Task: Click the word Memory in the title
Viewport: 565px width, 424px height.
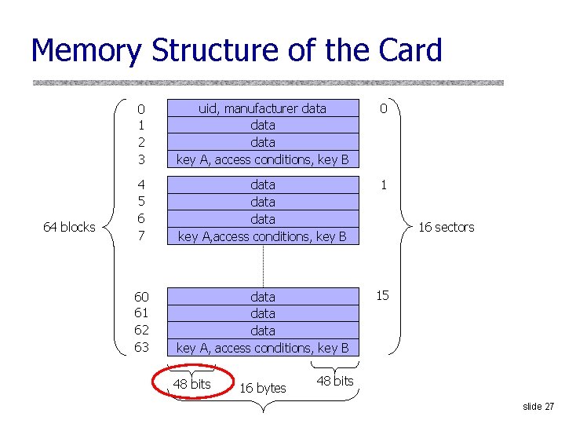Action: point(87,51)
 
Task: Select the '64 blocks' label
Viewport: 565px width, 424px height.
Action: point(69,227)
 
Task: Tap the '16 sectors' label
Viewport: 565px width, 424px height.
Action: point(446,227)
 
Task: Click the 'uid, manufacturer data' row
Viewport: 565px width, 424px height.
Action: point(262,108)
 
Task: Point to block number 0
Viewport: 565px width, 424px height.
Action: point(141,109)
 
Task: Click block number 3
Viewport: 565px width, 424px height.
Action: point(141,159)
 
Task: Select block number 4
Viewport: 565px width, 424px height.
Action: point(141,185)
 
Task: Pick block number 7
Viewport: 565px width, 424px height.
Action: point(141,236)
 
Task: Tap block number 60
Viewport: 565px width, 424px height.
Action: point(141,297)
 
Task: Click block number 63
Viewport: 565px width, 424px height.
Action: point(141,347)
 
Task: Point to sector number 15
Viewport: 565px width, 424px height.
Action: point(382,295)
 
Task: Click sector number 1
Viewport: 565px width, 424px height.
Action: point(383,185)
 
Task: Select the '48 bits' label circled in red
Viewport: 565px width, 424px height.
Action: point(191,384)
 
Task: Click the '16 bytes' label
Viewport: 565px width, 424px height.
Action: point(262,388)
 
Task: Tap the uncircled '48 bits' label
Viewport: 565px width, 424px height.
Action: point(334,381)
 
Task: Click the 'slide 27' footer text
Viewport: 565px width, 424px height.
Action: point(538,406)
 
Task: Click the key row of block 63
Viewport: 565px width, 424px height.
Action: point(262,348)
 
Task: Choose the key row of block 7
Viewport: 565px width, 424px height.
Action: point(262,236)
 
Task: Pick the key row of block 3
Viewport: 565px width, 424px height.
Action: point(262,159)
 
